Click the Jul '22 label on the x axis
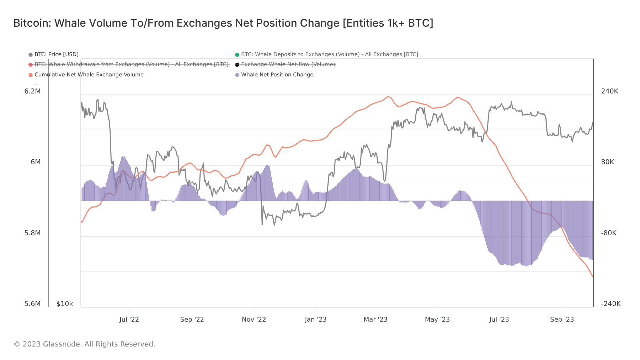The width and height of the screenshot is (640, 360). (x=129, y=319)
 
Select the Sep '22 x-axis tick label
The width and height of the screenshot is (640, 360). (x=192, y=319)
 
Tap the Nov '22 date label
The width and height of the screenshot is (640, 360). (x=254, y=319)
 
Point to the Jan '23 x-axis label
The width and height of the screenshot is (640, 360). (x=316, y=319)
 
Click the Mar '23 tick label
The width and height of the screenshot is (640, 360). (x=375, y=319)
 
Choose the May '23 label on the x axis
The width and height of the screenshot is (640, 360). (x=437, y=319)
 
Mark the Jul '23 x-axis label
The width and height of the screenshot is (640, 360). (x=499, y=319)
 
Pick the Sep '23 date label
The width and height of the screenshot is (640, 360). (x=562, y=319)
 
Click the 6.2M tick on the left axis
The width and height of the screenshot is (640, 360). (x=32, y=91)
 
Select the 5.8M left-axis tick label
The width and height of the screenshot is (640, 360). (x=32, y=233)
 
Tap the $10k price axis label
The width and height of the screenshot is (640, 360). (x=65, y=304)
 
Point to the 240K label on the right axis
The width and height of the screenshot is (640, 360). (x=609, y=91)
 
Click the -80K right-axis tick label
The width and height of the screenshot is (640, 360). (x=609, y=233)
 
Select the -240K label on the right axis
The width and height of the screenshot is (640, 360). (x=611, y=304)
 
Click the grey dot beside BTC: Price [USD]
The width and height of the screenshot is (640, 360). (x=31, y=55)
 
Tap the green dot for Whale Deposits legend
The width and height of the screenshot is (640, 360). (x=237, y=55)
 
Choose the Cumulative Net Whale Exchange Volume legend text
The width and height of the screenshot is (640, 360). (x=89, y=75)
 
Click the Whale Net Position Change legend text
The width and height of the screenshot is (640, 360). (x=277, y=75)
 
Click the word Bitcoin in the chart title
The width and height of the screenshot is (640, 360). (x=32, y=23)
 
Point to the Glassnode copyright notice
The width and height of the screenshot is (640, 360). (x=84, y=344)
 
